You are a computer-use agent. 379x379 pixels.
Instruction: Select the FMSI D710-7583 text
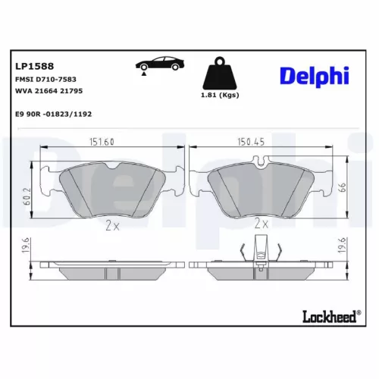pyautogui.click(x=45, y=79)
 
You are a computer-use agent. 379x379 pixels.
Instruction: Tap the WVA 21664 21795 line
pyautogui.click(x=49, y=91)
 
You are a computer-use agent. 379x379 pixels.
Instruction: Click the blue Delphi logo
pyautogui.click(x=314, y=75)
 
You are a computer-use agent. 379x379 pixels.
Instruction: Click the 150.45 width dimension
pyautogui.click(x=262, y=142)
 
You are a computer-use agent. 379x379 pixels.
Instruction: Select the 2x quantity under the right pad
pyautogui.click(x=262, y=224)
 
